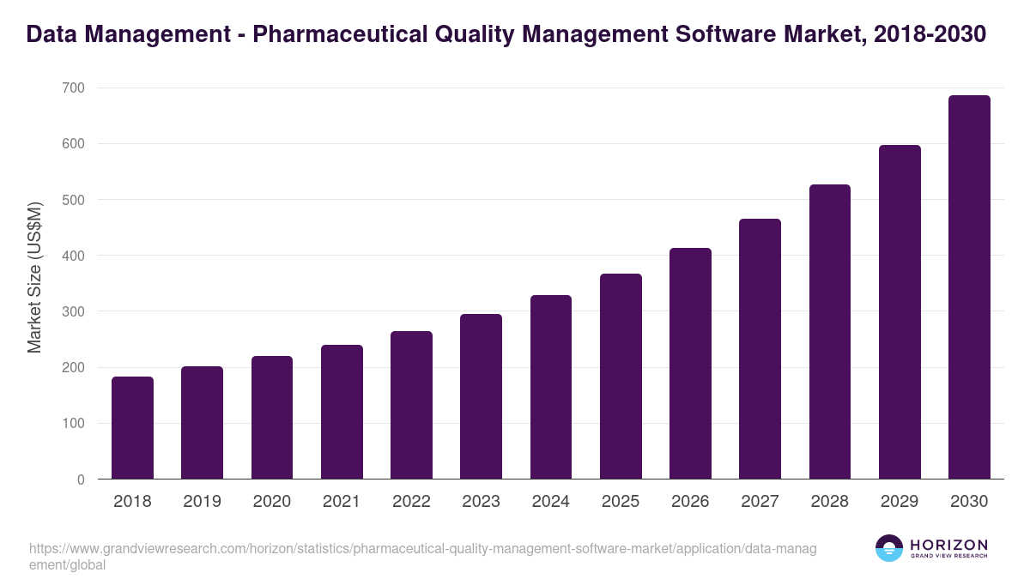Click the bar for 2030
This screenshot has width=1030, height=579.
(x=969, y=287)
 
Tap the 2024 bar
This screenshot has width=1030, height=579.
(x=551, y=387)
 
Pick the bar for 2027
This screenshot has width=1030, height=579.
(x=760, y=349)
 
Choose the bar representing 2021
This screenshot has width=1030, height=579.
(x=342, y=412)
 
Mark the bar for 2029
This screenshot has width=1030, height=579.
(x=900, y=312)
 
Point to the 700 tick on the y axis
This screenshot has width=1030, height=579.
(x=73, y=87)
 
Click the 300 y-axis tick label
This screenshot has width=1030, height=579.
(x=73, y=311)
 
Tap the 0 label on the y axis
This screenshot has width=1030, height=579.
(x=81, y=479)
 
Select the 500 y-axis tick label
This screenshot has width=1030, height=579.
(x=73, y=200)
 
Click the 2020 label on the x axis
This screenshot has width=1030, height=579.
(x=271, y=502)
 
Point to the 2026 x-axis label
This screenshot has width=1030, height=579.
(x=690, y=502)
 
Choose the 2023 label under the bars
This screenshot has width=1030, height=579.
(x=481, y=502)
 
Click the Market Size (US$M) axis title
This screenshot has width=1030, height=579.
(x=34, y=278)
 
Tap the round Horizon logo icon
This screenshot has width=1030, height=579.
(x=889, y=548)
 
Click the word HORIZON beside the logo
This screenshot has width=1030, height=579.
(x=948, y=545)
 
